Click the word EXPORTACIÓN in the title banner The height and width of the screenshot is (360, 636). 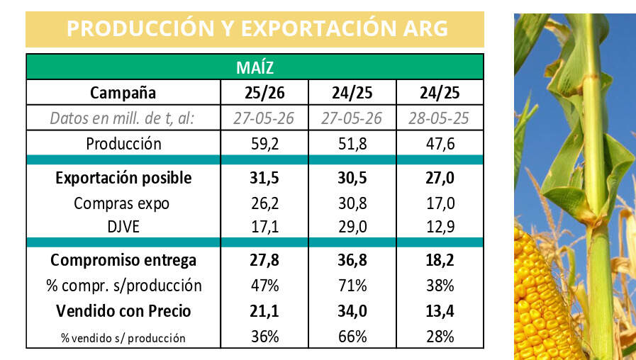click(x=319, y=28)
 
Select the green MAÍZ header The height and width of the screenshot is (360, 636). click(x=255, y=67)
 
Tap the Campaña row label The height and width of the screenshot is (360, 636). click(x=123, y=93)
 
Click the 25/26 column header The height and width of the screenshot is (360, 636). click(x=264, y=93)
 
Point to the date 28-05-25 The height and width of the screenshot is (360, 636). click(x=438, y=118)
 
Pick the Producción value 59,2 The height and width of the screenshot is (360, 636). click(x=264, y=144)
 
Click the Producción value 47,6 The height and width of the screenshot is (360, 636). click(x=440, y=144)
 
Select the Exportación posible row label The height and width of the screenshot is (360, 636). click(x=123, y=178)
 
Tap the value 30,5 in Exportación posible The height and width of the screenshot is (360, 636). click(x=352, y=178)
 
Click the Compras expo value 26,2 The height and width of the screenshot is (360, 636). click(x=264, y=203)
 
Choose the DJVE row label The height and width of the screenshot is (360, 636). click(x=123, y=227)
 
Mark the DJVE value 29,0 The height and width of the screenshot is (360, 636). click(x=352, y=227)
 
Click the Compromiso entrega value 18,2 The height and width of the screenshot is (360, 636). click(x=440, y=260)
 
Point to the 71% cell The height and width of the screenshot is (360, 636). click(x=352, y=286)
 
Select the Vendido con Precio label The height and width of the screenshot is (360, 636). click(x=123, y=311)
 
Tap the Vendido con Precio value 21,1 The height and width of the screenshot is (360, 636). click(x=264, y=311)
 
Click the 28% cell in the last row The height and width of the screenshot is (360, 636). click(x=440, y=337)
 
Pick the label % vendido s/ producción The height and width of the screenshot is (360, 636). click(x=123, y=338)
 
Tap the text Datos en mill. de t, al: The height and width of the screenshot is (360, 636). click(x=122, y=118)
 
